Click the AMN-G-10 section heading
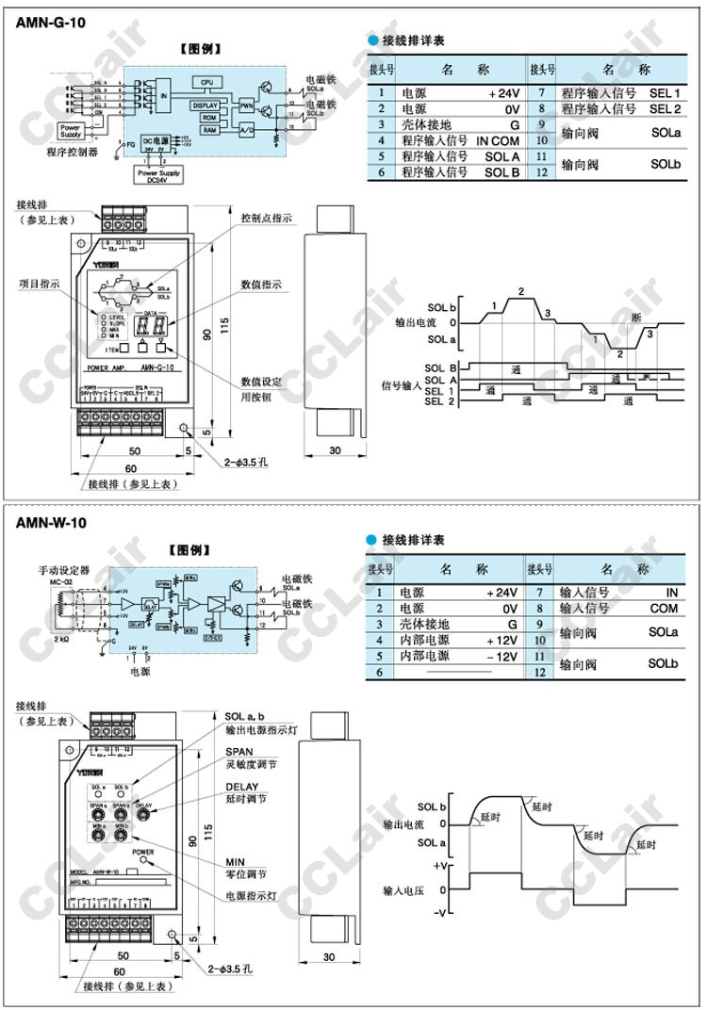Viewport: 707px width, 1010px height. (51, 22)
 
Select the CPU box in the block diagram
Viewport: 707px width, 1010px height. (206, 82)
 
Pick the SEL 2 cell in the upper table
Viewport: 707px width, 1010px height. (664, 109)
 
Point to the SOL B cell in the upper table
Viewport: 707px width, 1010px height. (501, 172)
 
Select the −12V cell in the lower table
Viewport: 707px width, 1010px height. (502, 656)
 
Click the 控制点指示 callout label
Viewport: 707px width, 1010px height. (267, 218)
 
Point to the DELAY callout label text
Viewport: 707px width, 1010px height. (242, 786)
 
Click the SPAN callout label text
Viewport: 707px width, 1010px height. (238, 752)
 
